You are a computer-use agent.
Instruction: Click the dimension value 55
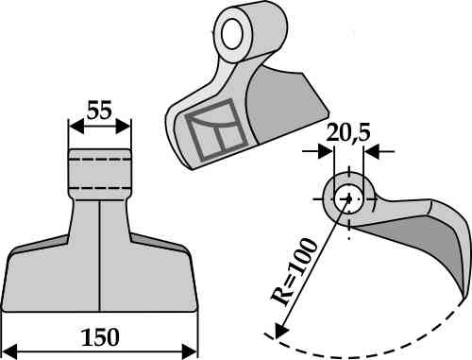point(99,110)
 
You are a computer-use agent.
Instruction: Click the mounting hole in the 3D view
point(229,34)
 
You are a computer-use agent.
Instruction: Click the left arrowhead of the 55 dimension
point(73,123)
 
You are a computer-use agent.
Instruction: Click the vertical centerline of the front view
point(99,255)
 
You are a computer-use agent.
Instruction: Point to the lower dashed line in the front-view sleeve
point(99,186)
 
